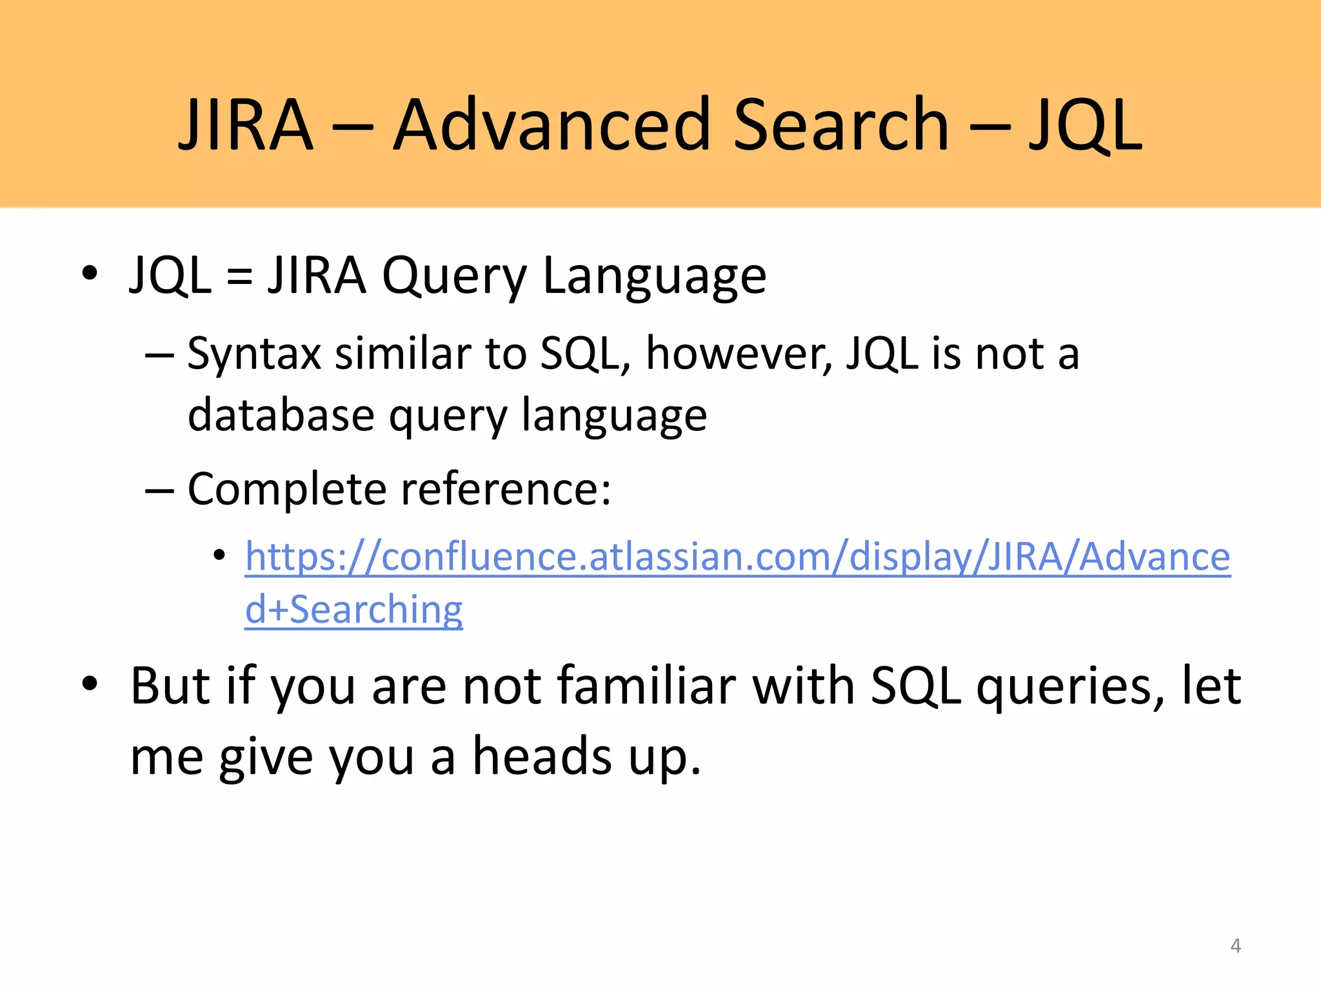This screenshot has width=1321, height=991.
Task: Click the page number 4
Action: [1235, 946]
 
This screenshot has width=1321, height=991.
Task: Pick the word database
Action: [281, 415]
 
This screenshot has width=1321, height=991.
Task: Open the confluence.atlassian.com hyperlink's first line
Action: [738, 556]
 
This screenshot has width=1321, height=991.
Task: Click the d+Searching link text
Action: [353, 610]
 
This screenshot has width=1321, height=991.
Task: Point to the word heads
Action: [542, 756]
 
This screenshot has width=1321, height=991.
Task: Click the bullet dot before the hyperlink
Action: [219, 555]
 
